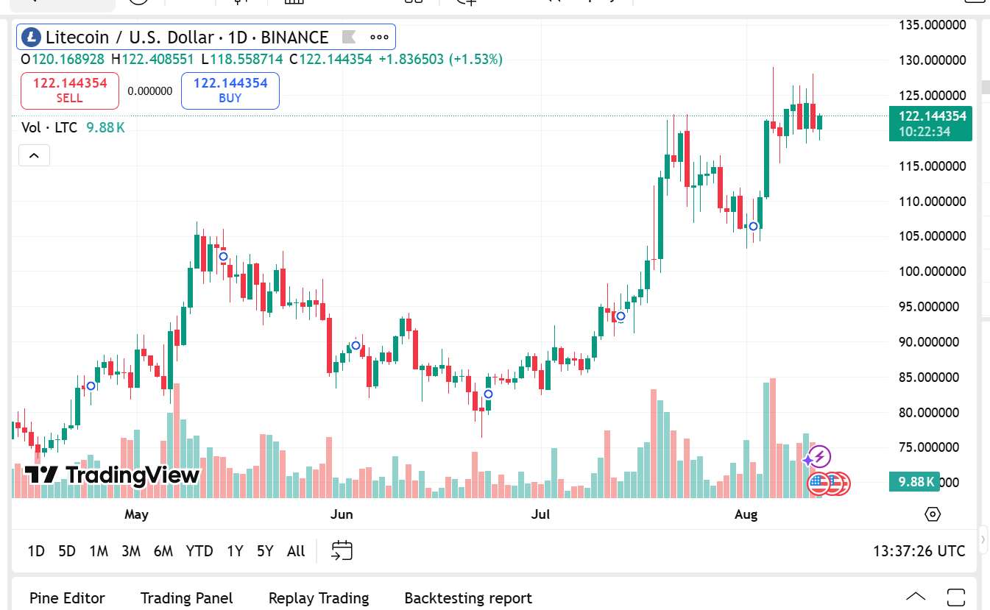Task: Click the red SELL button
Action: point(69,91)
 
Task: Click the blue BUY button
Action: point(230,91)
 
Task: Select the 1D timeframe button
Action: point(36,551)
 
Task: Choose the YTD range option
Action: point(199,551)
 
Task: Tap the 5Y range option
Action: point(265,551)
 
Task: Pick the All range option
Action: point(296,551)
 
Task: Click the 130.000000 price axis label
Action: point(933,60)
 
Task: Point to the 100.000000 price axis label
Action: point(933,272)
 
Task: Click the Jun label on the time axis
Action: point(342,514)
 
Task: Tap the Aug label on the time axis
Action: point(746,514)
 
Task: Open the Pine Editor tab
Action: point(67,598)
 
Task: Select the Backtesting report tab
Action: point(468,598)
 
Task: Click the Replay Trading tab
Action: point(319,598)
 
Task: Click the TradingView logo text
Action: point(113,475)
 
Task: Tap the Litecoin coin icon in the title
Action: point(31,37)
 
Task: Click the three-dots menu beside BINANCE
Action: point(379,37)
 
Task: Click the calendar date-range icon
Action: point(342,550)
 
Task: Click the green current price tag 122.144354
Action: point(930,116)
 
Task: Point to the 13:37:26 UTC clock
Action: point(919,551)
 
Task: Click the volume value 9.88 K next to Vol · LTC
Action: point(105,127)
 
